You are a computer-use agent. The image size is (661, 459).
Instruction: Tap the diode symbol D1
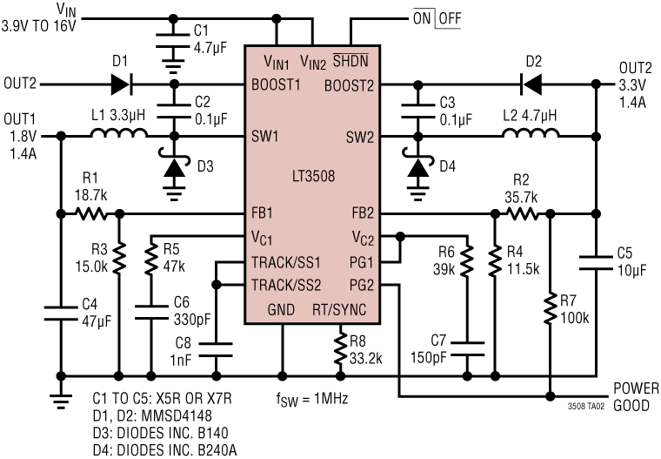(x=120, y=84)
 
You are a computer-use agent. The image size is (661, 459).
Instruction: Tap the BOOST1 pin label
(x=277, y=84)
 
